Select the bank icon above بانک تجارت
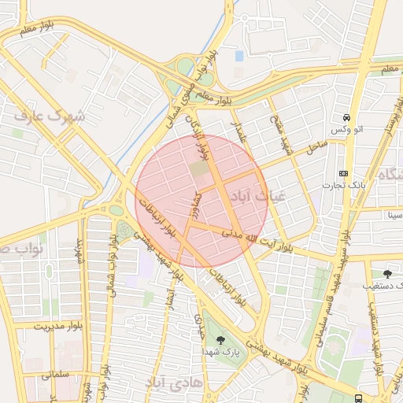coord(343,172)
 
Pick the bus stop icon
coord(359,398)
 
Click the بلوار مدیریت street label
coord(58,325)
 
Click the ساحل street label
coord(316,146)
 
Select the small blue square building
coord(239,56)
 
